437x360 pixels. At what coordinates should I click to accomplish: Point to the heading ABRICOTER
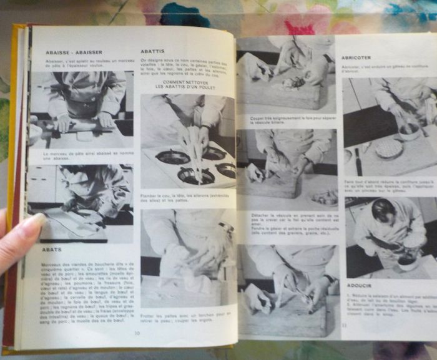[x=356, y=57]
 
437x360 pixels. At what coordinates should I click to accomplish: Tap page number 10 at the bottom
[x=137, y=333]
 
